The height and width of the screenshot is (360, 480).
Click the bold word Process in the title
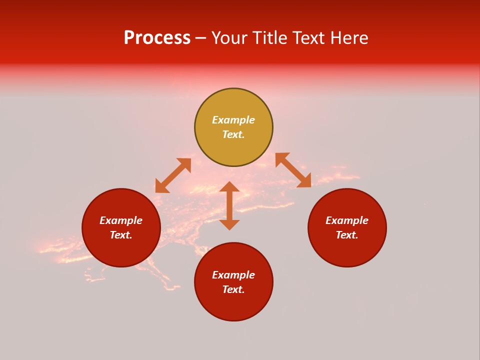click(x=157, y=38)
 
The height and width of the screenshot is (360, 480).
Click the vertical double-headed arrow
click(x=229, y=206)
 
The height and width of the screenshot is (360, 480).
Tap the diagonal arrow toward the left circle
click(x=173, y=175)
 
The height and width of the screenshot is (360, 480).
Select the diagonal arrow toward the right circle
click(x=293, y=170)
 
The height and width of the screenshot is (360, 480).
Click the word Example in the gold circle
click(x=233, y=120)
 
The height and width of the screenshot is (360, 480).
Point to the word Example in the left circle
click(x=121, y=220)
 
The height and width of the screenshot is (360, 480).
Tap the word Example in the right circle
click(x=347, y=220)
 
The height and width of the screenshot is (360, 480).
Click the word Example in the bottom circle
click(x=233, y=275)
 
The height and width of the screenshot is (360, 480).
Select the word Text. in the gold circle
click(x=233, y=135)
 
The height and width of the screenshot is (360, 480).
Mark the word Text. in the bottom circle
click(x=233, y=290)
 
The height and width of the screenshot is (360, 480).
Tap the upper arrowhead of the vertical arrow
click(x=229, y=186)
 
